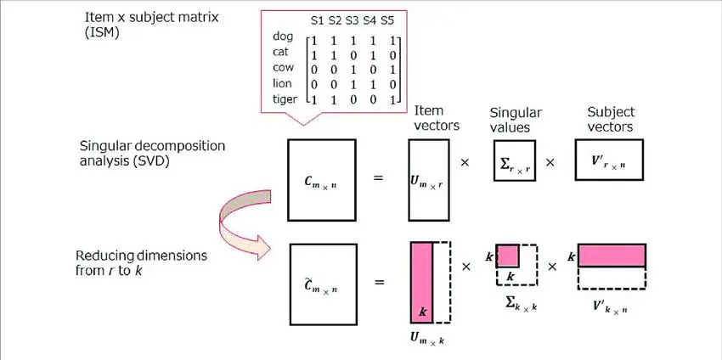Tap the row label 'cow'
(x=285, y=67)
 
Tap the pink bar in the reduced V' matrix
(x=612, y=255)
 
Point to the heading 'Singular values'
(x=516, y=120)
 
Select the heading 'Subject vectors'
(x=611, y=120)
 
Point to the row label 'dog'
(x=283, y=37)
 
